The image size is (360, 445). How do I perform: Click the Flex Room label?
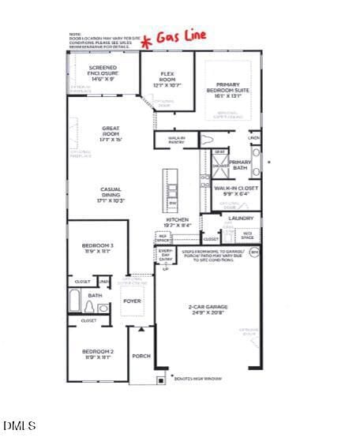[x=167, y=76]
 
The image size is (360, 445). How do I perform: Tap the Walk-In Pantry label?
[x=177, y=140]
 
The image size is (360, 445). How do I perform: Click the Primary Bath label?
[x=239, y=165]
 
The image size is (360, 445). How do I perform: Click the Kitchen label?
[x=177, y=222]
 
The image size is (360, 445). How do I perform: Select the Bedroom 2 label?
[x=98, y=353]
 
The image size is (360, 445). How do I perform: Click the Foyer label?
[x=132, y=301]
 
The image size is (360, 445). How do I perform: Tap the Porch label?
[x=141, y=356]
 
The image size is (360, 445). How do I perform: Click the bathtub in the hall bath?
[x=75, y=301]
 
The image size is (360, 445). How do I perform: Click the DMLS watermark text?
[x=20, y=426]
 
